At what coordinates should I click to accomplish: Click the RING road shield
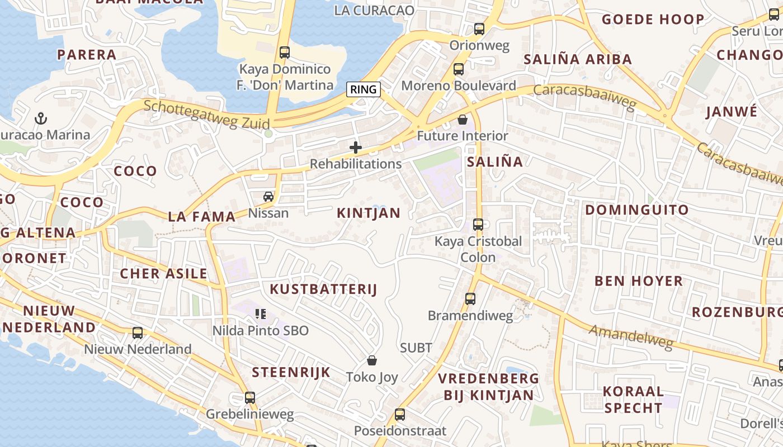(364, 89)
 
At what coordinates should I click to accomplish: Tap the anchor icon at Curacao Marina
(40, 118)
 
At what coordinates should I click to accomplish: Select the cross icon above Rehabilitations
(356, 148)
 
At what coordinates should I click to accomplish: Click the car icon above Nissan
(268, 197)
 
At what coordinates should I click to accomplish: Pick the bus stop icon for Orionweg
(479, 29)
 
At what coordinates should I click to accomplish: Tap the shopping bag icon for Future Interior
(463, 120)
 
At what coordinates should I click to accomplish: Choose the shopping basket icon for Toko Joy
(372, 361)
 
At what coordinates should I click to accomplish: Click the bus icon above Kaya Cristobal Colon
(478, 225)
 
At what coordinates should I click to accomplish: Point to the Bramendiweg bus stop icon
(470, 299)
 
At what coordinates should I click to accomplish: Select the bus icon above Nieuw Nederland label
(138, 333)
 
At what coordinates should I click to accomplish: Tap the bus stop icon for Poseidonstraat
(400, 415)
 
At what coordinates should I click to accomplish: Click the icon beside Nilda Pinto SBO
(260, 314)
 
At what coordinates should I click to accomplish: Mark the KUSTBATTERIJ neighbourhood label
(323, 289)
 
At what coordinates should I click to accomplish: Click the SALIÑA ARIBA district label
(577, 59)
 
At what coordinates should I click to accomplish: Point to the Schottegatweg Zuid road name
(207, 115)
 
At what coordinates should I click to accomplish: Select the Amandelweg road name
(631, 337)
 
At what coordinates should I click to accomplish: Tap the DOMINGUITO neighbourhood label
(636, 210)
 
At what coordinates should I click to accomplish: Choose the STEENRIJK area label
(291, 373)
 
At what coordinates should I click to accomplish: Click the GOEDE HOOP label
(653, 20)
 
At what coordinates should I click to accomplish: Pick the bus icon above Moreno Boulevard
(459, 69)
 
